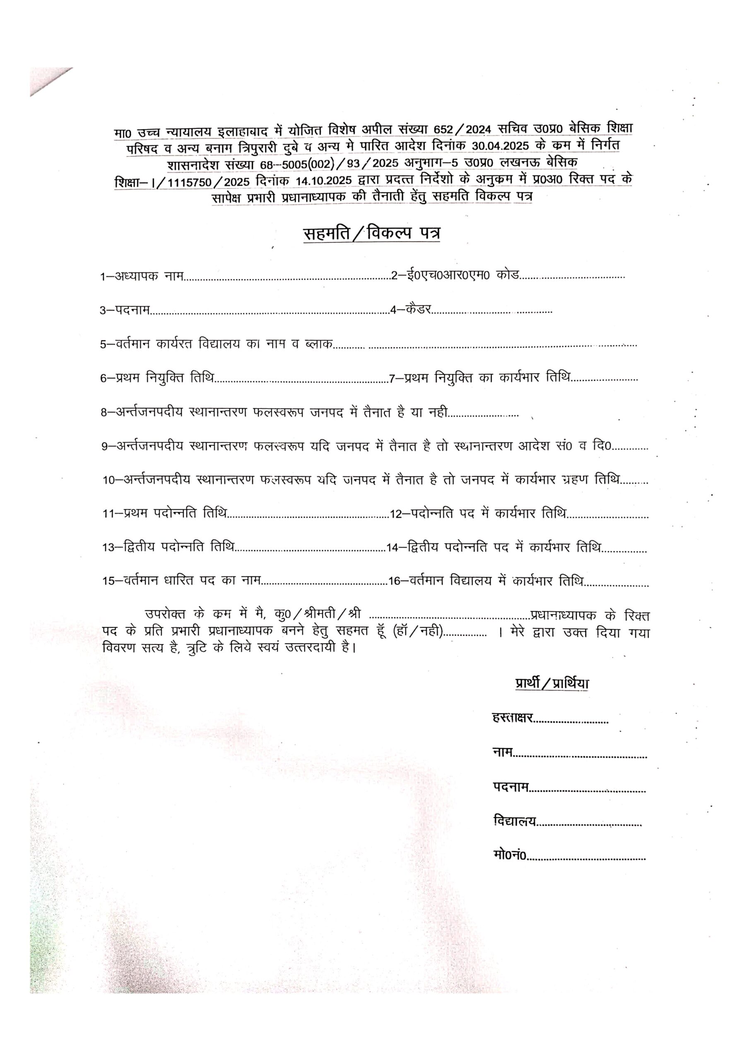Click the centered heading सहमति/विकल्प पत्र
tap(371, 233)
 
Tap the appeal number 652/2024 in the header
tap(467, 130)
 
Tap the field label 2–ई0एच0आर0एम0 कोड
tap(455, 276)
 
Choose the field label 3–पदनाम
tap(125, 310)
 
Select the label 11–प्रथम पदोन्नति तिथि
tap(165, 514)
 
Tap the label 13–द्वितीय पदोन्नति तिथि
tap(168, 547)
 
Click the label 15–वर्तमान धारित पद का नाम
tap(181, 581)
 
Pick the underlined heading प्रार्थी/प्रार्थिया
tap(552, 683)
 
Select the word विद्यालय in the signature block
tap(515, 821)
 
